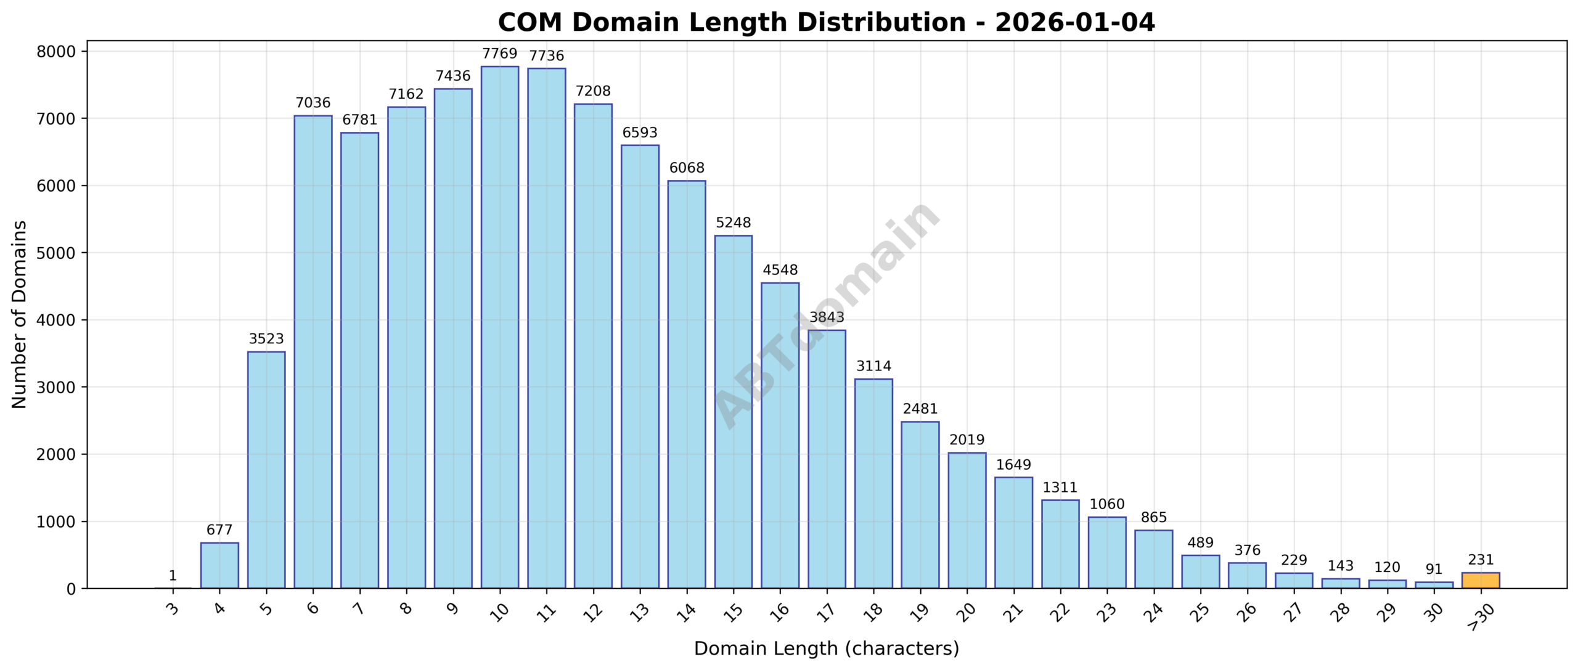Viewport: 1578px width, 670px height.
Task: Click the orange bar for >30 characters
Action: pyautogui.click(x=1480, y=581)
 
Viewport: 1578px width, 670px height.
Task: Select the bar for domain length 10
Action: pyautogui.click(x=499, y=327)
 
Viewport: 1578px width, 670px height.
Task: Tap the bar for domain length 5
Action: pyautogui.click(x=266, y=470)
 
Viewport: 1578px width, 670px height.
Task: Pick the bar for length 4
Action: pyautogui.click(x=219, y=565)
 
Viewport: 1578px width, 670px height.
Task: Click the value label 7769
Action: pyautogui.click(x=499, y=54)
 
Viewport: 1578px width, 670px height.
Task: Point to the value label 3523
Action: pyautogui.click(x=266, y=339)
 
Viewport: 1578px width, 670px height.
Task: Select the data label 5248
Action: pyautogui.click(x=733, y=223)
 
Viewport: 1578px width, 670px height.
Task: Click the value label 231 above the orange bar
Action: pyautogui.click(x=1480, y=560)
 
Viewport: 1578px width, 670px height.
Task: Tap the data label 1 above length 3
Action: pyautogui.click(x=173, y=576)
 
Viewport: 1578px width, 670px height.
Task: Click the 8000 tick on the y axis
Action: pyautogui.click(x=56, y=52)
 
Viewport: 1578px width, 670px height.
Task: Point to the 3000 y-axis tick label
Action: pyautogui.click(x=56, y=388)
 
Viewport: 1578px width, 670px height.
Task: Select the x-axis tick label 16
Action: pyautogui.click(x=779, y=611)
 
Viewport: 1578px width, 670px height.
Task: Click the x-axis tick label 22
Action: pyautogui.click(x=1060, y=611)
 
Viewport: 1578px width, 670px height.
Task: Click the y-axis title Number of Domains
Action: pyautogui.click(x=20, y=314)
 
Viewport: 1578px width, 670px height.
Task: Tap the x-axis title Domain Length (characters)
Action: pyautogui.click(x=826, y=648)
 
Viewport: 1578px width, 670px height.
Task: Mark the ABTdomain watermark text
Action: pyautogui.click(x=826, y=314)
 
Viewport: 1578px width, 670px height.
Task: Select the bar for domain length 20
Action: pyautogui.click(x=967, y=521)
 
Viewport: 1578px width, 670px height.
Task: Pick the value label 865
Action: pyautogui.click(x=1153, y=518)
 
